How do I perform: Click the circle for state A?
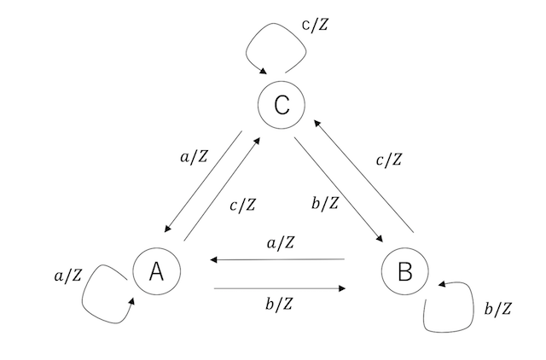point(156,271)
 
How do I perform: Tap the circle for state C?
point(281,106)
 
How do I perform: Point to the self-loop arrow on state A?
point(101,294)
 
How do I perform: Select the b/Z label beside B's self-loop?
point(497,309)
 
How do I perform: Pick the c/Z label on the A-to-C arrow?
point(241,205)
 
